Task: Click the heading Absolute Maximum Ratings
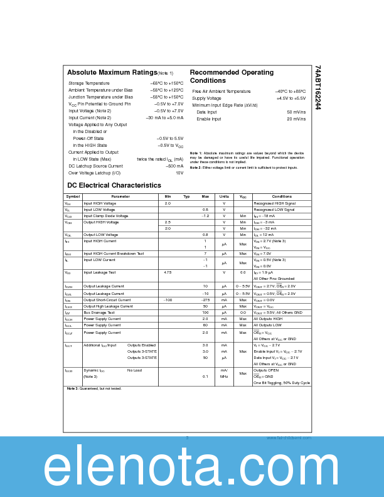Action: [x=112, y=73]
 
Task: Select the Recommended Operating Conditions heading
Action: [x=232, y=77]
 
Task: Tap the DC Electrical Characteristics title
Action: [x=114, y=185]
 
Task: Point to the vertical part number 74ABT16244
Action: [x=317, y=87]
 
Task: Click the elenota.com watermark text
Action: [x=191, y=468]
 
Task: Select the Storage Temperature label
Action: [x=88, y=83]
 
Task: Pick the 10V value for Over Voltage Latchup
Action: [x=179, y=173]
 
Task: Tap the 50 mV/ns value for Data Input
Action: [x=296, y=112]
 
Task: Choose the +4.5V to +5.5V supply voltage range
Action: [x=291, y=98]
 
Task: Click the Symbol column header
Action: [x=73, y=196]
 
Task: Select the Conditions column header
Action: [x=282, y=196]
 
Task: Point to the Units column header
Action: [x=224, y=196]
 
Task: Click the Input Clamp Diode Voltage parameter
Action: [x=105, y=216]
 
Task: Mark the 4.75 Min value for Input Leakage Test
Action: [x=168, y=272]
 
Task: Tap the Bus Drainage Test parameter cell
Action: [x=99, y=313]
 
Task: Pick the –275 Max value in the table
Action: [x=205, y=300]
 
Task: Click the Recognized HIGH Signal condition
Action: [x=274, y=203]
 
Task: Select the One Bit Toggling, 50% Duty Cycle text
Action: [x=282, y=383]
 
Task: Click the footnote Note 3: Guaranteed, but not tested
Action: [x=94, y=389]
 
